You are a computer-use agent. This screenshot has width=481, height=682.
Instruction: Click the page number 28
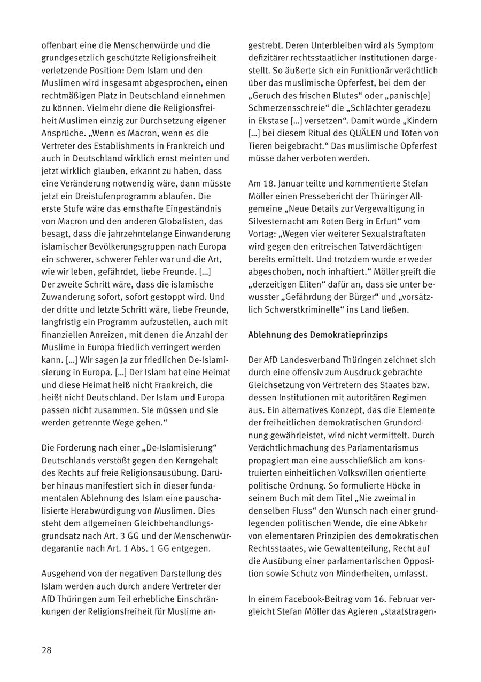click(46, 650)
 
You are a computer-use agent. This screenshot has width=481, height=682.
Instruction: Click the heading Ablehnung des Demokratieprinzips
click(317, 335)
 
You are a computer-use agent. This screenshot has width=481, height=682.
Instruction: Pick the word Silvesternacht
click(276, 221)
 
